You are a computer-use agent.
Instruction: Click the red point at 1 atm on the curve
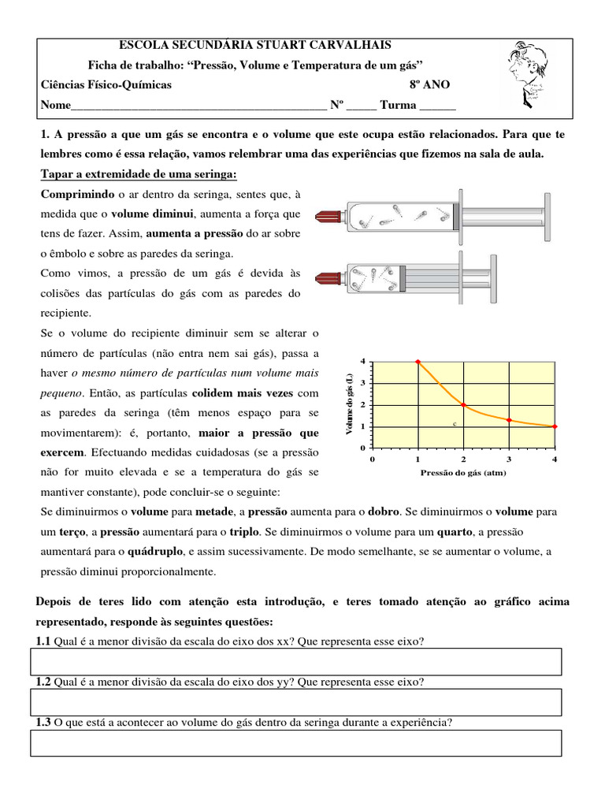pos(418,362)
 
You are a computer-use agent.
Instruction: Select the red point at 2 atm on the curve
pos(463,405)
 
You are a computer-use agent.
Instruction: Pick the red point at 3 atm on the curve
pos(510,420)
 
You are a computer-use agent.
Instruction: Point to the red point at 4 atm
pos(555,426)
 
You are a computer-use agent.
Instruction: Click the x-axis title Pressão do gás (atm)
pos(463,473)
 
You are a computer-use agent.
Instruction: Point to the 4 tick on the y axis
pos(362,361)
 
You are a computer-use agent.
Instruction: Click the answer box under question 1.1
pos(296,662)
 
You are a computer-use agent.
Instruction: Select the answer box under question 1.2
pos(296,701)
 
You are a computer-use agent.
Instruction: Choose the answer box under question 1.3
pos(296,742)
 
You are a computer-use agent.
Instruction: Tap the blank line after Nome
pos(197,106)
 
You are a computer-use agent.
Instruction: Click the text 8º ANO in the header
pos(430,85)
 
